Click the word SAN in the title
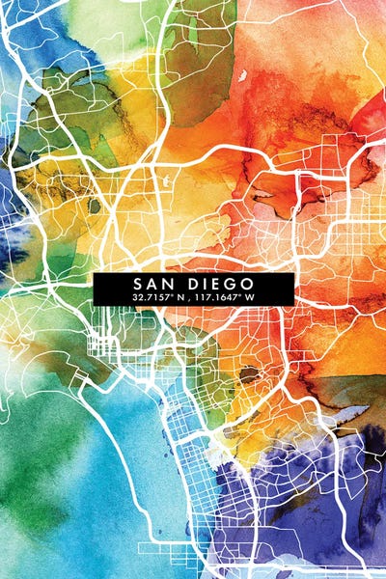point(152,284)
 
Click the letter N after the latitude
point(180,298)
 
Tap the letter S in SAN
point(138,284)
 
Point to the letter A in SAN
point(152,284)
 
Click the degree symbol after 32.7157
point(173,295)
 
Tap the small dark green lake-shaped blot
point(95,205)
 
